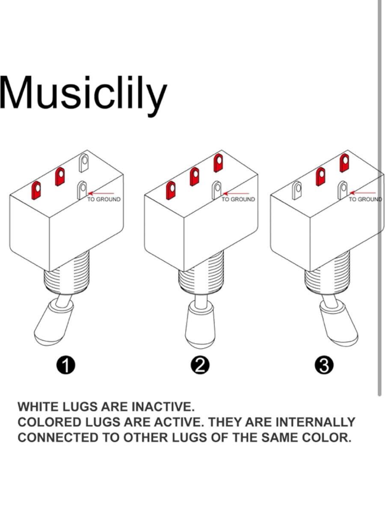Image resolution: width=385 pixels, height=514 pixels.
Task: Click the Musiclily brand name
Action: [83, 95]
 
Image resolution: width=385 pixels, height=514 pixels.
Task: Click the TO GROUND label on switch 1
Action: [104, 199]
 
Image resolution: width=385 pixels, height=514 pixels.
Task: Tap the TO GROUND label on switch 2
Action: [238, 199]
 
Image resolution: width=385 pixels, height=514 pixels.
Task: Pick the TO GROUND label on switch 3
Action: [365, 199]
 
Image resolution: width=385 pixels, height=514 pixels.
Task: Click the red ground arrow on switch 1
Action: [101, 193]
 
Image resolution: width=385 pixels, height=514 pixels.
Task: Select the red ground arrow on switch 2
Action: [236, 193]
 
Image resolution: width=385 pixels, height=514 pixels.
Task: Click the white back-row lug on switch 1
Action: [84, 163]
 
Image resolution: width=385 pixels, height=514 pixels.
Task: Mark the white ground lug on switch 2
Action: [217, 190]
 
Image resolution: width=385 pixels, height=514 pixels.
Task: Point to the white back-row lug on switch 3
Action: [297, 190]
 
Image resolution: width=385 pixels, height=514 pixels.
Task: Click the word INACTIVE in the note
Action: [163, 407]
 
